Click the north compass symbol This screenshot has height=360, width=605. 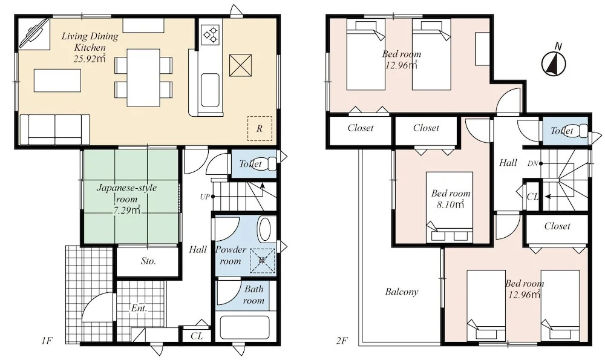click(x=554, y=62)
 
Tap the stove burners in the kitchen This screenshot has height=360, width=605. click(x=211, y=34)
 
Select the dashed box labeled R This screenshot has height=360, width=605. click(x=260, y=128)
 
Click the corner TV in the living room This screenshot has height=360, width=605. click(x=33, y=33)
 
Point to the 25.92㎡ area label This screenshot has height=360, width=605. click(x=90, y=59)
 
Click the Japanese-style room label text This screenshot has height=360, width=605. click(x=126, y=194)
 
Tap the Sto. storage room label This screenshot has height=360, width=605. click(x=148, y=261)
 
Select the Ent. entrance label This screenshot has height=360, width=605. click(x=139, y=309)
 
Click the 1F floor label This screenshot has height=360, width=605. click(x=47, y=341)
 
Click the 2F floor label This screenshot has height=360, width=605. click(x=342, y=341)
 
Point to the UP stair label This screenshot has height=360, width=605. click(x=204, y=197)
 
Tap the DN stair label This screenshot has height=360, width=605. click(x=532, y=163)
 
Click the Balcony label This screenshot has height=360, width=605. click(x=402, y=292)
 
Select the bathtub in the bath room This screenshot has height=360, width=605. click(x=244, y=328)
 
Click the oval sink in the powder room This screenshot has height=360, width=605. click(x=265, y=229)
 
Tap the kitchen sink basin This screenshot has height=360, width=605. click(x=210, y=90)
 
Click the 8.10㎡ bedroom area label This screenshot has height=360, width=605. click(x=450, y=205)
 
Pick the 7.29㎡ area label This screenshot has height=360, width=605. click(x=127, y=211)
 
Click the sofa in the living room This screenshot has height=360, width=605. click(x=55, y=129)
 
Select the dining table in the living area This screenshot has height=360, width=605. click(x=143, y=77)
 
